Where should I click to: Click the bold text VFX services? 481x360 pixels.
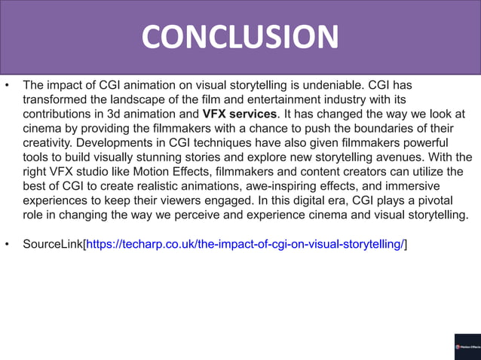[240, 114]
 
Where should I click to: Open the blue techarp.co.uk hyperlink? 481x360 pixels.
[246, 245]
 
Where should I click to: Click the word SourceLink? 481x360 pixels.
[53, 245]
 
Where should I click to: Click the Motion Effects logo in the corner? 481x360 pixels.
[467, 346]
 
